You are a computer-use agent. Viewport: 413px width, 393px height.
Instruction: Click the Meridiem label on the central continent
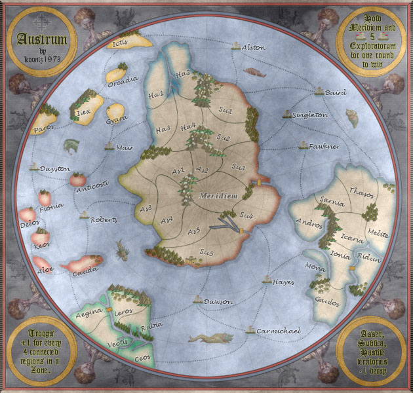[216, 195]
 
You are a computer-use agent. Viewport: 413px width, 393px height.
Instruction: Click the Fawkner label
[324, 147]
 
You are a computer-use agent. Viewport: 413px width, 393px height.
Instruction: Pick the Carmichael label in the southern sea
[279, 331]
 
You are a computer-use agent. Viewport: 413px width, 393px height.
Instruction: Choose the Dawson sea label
[218, 301]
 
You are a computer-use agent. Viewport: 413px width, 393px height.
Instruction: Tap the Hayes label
[283, 282]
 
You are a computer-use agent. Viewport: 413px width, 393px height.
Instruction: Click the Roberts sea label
[104, 219]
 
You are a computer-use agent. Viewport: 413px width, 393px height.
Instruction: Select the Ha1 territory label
[156, 96]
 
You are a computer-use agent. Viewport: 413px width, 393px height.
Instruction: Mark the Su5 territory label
[206, 252]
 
